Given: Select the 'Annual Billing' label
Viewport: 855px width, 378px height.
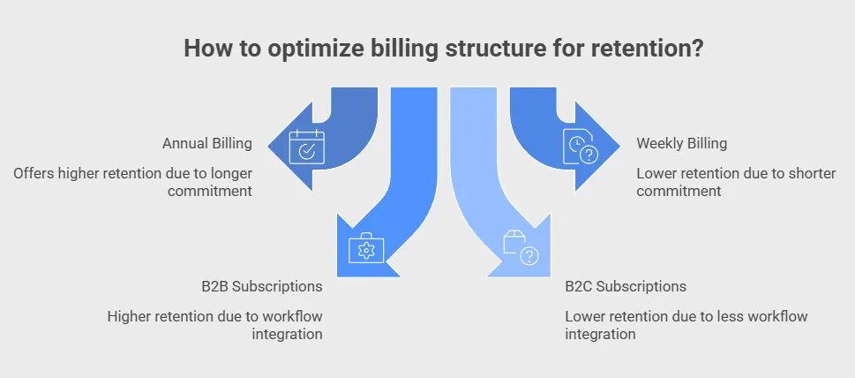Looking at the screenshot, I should pyautogui.click(x=207, y=143).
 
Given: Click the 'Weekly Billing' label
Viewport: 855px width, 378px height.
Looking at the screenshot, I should pyautogui.click(x=682, y=143).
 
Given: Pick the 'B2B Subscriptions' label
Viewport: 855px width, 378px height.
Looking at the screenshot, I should pyautogui.click(x=261, y=286).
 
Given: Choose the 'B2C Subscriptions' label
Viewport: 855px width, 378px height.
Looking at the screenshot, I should pyautogui.click(x=626, y=286).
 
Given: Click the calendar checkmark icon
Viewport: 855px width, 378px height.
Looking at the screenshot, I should pyautogui.click(x=307, y=149).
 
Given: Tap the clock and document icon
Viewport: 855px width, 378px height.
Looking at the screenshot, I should pyautogui.click(x=581, y=149).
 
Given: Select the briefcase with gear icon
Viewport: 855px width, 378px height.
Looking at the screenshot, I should pyautogui.click(x=364, y=250).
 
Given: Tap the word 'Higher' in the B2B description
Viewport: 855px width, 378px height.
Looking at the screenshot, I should pyautogui.click(x=130, y=316).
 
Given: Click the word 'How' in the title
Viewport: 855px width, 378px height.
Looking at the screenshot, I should pyautogui.click(x=202, y=49).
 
